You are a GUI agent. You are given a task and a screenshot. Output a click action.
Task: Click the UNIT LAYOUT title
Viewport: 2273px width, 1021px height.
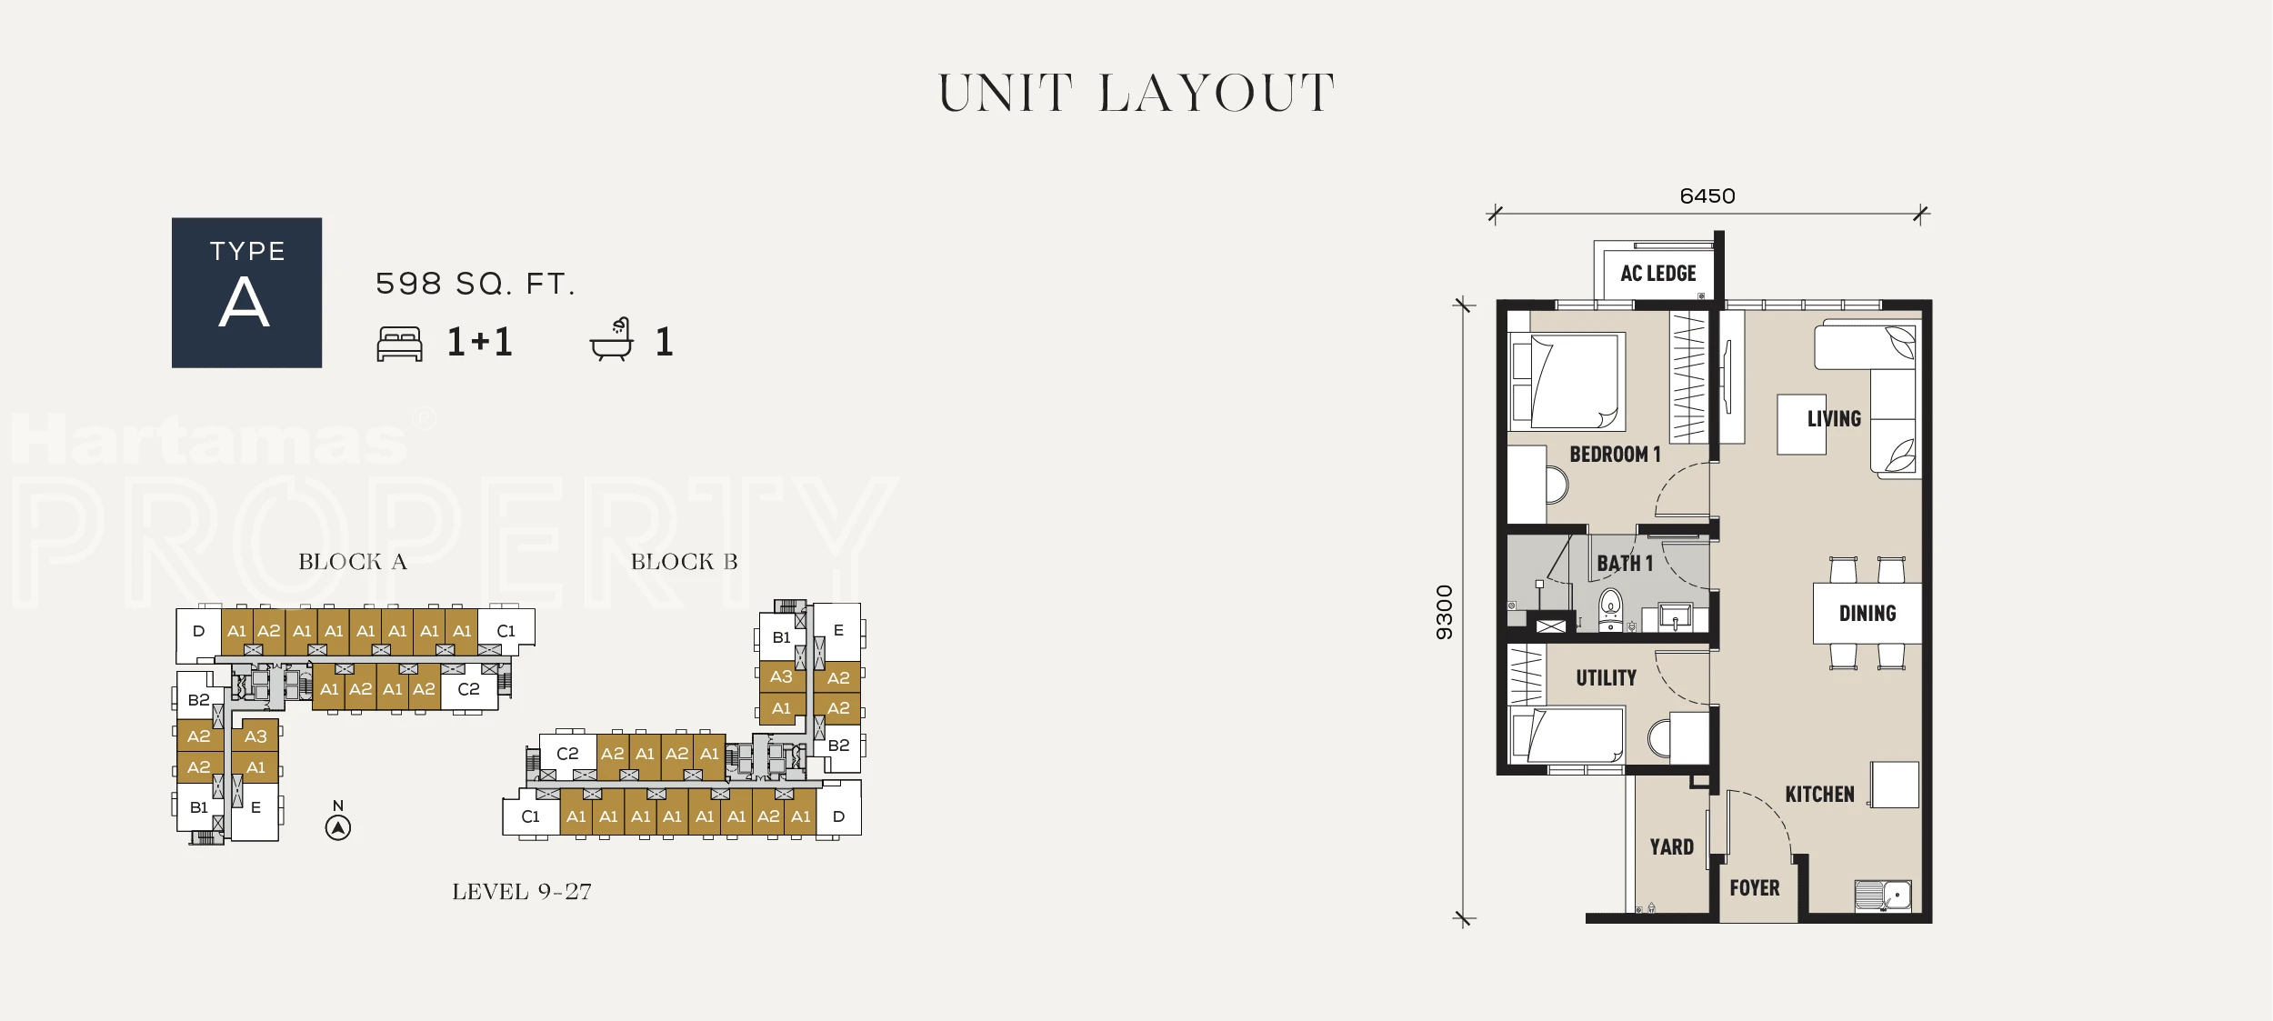1136,94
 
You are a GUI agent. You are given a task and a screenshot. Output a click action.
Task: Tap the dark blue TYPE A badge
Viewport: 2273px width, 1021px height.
246,293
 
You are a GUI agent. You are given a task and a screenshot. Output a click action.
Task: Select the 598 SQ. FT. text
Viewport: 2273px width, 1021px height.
476,284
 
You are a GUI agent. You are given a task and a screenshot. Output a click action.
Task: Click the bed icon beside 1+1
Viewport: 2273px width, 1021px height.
400,344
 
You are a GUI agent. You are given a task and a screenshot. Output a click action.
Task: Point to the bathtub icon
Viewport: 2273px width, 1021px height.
611,340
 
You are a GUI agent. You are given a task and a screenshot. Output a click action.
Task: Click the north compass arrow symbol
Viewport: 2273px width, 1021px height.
338,827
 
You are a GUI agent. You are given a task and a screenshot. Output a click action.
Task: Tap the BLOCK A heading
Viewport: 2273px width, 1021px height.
353,562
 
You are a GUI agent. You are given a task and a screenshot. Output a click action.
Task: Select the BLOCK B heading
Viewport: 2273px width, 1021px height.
685,562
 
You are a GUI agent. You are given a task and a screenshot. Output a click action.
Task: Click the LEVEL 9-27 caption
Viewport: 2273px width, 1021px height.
522,892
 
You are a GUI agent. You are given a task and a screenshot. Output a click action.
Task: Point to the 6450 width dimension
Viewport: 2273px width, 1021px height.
1707,196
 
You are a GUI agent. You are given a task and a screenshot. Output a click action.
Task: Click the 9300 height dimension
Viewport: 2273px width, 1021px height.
1444,612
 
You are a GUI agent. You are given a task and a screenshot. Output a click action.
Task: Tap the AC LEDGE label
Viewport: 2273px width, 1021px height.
1657,274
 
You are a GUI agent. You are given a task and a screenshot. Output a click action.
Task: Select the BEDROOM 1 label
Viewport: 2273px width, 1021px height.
1615,455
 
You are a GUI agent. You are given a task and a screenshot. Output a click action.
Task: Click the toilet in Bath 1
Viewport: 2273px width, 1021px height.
1610,609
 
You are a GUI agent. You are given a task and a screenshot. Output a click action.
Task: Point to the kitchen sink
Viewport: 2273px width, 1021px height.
1883,896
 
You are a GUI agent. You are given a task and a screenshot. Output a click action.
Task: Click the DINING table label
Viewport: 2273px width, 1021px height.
1867,614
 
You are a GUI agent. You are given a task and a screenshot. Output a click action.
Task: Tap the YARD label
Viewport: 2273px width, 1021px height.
1672,847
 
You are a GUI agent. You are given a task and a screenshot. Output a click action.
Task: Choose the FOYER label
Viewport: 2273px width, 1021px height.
1755,888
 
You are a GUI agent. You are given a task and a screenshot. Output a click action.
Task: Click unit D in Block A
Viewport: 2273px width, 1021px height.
198,632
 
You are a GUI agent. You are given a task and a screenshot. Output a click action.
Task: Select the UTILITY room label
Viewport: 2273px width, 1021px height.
1607,678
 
